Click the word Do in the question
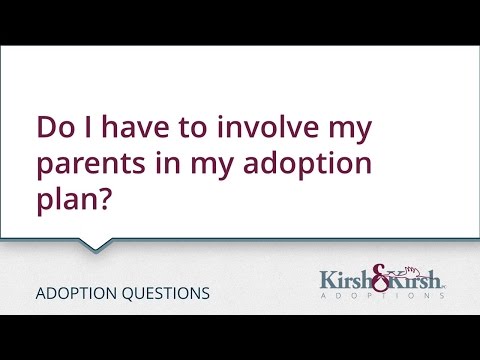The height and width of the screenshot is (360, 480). point(52,130)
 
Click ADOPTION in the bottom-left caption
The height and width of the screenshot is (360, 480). point(73,294)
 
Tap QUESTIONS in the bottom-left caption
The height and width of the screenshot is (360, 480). point(163,294)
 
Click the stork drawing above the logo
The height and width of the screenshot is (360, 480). point(398,266)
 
